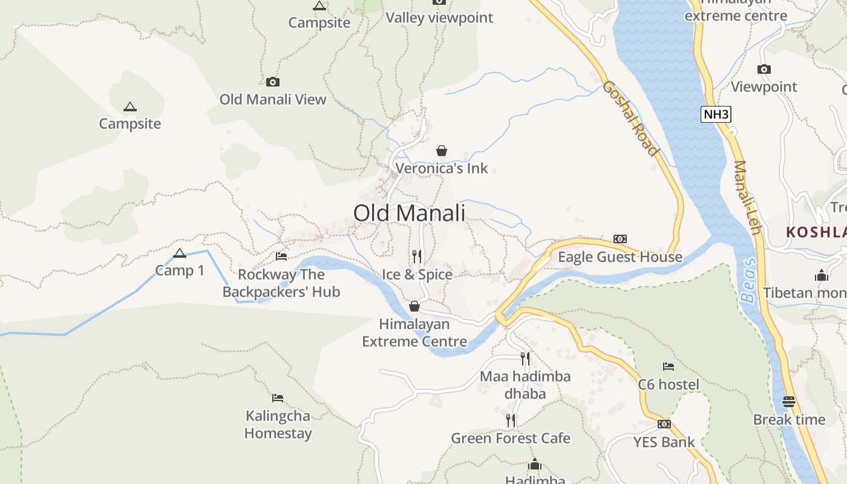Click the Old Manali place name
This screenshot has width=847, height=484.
point(409,213)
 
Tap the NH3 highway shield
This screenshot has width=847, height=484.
point(716,114)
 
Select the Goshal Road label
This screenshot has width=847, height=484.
point(630,118)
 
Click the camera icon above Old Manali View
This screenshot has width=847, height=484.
point(273,82)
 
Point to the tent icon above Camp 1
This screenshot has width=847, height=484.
point(179,253)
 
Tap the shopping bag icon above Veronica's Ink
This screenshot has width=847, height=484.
point(442,151)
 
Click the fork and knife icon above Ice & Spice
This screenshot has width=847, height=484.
point(416,257)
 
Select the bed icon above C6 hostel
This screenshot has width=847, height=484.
point(669,367)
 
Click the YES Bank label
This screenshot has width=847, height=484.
point(664,442)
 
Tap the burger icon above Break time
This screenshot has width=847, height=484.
point(789,401)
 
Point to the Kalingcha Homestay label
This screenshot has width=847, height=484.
point(278,425)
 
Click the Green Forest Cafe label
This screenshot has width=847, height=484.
point(511,438)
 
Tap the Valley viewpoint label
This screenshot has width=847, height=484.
point(439,18)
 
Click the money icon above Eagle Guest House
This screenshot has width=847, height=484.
point(620,239)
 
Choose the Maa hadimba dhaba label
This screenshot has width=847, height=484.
point(525,385)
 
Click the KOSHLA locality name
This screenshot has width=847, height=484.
point(816,232)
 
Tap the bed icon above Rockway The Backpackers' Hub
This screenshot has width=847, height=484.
point(281,257)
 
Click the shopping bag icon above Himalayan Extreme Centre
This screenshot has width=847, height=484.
point(414,307)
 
